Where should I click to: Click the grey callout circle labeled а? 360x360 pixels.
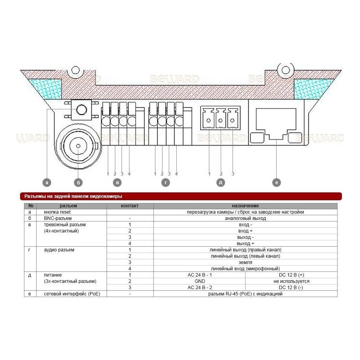[47, 183]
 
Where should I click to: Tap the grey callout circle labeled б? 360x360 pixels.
[78, 183]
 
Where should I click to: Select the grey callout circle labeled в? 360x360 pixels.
[117, 183]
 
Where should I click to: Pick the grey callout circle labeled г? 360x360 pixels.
[166, 183]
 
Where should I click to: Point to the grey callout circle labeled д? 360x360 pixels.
[221, 183]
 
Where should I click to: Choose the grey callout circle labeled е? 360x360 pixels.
[277, 183]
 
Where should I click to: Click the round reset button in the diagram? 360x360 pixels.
[81, 109]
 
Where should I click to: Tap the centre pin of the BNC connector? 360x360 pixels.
[78, 146]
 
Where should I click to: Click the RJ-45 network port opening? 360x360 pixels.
[276, 124]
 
